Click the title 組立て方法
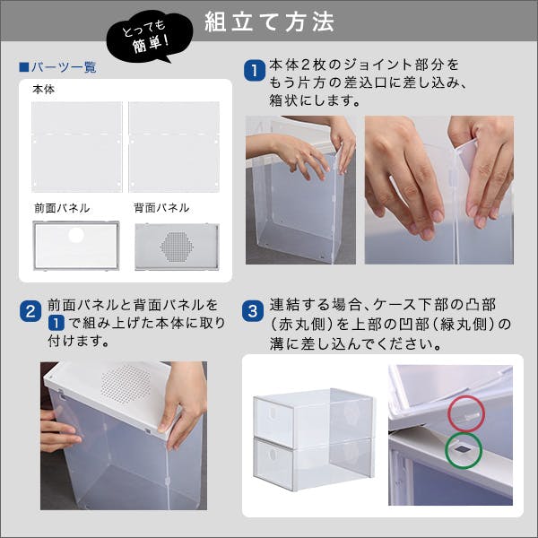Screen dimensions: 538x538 point(269,20)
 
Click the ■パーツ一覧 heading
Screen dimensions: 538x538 point(58,67)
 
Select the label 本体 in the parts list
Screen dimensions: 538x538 point(43,91)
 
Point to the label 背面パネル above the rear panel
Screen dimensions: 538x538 point(161,208)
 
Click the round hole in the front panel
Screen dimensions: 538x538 point(76,236)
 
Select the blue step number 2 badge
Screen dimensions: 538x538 point(30,312)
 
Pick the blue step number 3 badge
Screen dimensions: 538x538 point(254,312)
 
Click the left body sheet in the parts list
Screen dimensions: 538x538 point(77,146)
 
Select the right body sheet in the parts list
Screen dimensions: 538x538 point(174,146)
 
